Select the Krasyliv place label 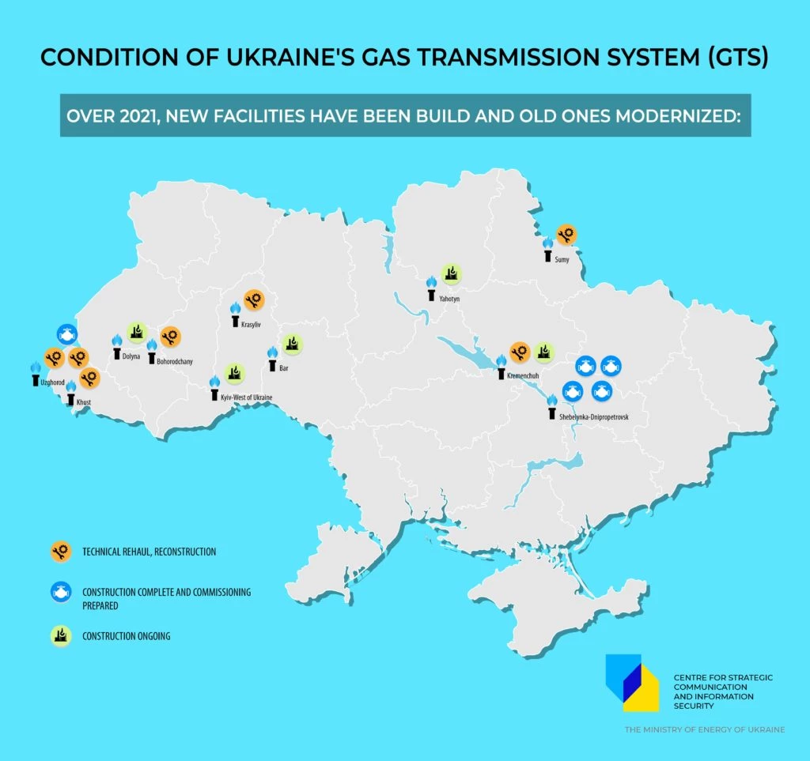(251, 325)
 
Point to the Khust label (85, 403)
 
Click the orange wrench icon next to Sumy (566, 234)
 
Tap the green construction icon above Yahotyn (451, 273)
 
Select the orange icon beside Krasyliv (253, 299)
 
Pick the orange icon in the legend (59, 552)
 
